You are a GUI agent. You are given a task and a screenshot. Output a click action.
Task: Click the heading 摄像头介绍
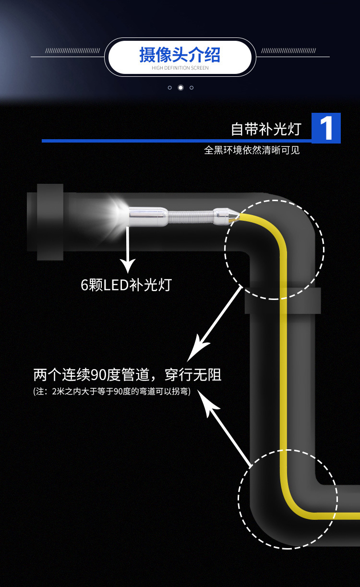pos(180,55)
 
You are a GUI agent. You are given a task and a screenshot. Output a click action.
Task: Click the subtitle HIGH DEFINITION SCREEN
pos(180,68)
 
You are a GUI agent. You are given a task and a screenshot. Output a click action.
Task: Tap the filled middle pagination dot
pos(180,87)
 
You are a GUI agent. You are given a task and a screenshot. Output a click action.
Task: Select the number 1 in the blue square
pos(326,128)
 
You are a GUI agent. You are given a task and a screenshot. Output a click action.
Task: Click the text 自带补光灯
pos(265,129)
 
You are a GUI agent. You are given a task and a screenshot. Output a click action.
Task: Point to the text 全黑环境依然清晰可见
pos(252,150)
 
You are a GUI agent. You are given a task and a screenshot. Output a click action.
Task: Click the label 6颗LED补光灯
pos(126,285)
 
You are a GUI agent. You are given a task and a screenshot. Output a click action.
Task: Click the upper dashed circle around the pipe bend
pos(275,249)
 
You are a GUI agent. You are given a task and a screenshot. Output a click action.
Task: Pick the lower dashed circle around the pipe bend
pos(288,499)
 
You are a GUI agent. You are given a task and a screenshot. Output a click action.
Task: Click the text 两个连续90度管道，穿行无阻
pos(127,375)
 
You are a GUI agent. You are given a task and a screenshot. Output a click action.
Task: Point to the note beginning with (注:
pos(112,392)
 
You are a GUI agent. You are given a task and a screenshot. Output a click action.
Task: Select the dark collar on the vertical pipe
pos(283,301)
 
